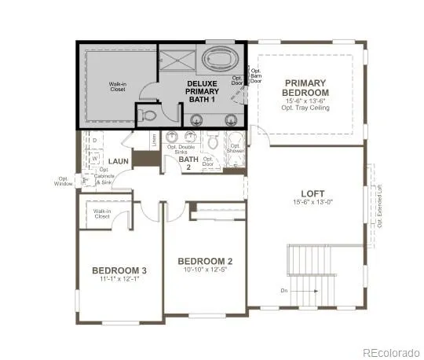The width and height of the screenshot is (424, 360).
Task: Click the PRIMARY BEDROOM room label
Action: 305,87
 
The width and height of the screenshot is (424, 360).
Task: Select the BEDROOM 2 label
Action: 205,261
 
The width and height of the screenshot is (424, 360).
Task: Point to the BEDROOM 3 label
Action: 119,270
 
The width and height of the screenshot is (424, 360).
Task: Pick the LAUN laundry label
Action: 119,161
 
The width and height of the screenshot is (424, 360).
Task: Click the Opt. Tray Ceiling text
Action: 306,108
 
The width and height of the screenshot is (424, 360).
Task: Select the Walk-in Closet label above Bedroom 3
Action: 102,214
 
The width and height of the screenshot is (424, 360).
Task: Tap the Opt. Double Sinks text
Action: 187,149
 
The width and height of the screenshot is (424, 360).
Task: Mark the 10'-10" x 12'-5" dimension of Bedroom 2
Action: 205,271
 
